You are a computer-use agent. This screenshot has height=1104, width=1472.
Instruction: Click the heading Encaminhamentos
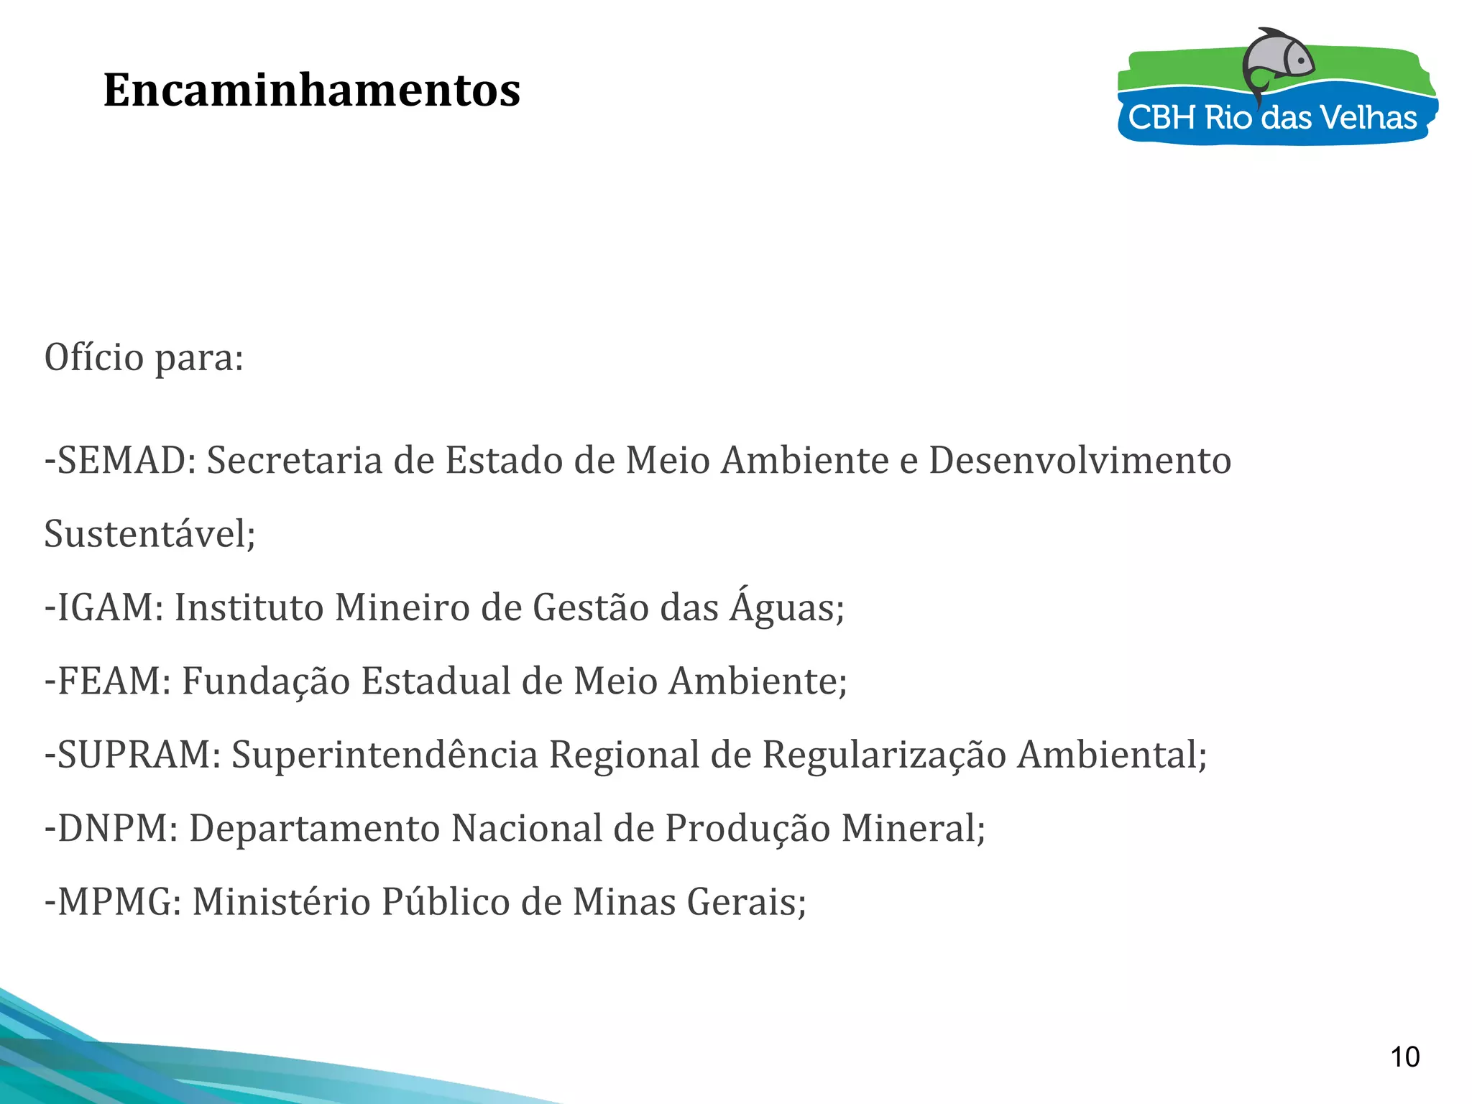coord(312,91)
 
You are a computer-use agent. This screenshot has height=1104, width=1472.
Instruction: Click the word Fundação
coord(266,681)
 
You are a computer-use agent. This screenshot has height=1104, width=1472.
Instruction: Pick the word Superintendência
coord(385,755)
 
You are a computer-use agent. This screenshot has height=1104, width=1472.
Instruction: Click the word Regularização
coord(884,755)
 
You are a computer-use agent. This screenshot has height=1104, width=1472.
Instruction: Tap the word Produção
coord(747,828)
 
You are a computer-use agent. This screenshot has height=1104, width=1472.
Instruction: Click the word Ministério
coord(281,901)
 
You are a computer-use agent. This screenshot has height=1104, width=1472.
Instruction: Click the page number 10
coord(1404,1057)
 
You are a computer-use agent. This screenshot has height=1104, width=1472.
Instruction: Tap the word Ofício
coord(94,357)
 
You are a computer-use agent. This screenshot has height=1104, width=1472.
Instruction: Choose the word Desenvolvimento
coord(1080,460)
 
